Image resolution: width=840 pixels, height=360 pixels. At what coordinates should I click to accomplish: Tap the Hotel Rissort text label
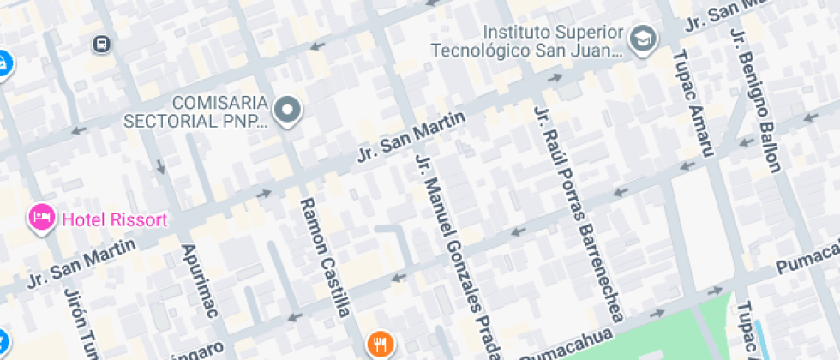113,220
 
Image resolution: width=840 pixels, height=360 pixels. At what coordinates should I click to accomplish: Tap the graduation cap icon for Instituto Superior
642,38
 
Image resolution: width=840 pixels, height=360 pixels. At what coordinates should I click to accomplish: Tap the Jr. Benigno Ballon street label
755,99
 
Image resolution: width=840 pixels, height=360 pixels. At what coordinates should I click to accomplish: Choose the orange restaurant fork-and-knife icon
380,345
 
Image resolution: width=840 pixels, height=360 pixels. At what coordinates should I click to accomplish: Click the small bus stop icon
102,43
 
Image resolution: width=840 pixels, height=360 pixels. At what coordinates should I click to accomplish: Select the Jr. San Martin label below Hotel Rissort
82,264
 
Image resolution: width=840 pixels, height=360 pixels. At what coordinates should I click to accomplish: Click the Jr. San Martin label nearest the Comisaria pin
411,138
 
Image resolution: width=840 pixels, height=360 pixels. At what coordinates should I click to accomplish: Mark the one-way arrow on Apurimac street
159,166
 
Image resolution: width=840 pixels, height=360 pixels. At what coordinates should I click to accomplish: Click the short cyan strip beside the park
758,339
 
